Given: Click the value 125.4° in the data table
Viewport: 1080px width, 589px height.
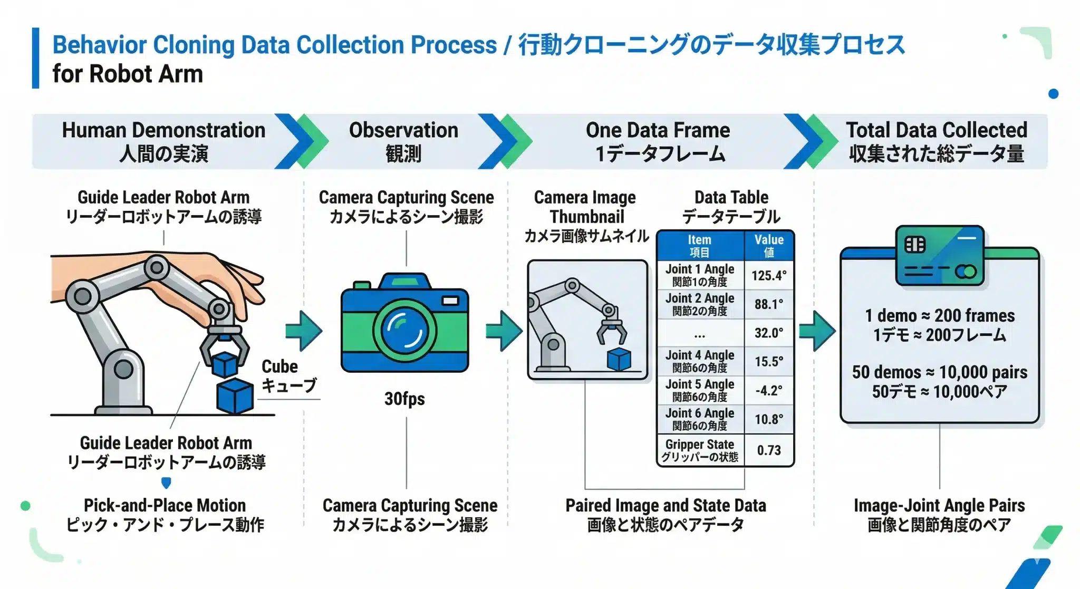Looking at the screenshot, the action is click(769, 275).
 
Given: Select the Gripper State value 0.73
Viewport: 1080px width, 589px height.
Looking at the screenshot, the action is click(769, 450).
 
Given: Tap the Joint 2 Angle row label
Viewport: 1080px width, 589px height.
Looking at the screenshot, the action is click(700, 304).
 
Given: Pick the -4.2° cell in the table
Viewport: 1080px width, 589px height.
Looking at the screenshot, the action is click(769, 391).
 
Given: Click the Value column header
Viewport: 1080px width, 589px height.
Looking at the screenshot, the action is click(769, 246).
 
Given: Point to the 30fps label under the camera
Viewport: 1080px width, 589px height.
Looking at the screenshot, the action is click(404, 399).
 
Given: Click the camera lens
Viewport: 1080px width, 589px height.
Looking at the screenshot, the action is click(404, 331).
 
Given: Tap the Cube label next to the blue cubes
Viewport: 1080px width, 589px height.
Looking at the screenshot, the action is click(280, 366).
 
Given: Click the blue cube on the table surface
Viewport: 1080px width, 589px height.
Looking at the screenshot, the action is click(235, 395).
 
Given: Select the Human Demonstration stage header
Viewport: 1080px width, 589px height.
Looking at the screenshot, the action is click(163, 141).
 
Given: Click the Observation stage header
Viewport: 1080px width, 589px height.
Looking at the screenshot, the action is click(403, 141).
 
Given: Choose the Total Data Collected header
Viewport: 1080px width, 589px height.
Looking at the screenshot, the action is click(937, 141).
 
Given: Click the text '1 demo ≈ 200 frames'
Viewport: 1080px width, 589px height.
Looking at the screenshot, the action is click(940, 315).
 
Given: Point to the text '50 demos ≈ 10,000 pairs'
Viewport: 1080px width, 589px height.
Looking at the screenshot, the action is click(940, 372).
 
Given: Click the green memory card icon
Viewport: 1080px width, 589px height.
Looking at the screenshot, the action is click(940, 256).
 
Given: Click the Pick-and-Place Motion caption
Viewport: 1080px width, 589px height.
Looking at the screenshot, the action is click(165, 505).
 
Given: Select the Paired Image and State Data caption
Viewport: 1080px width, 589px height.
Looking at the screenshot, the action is click(666, 505).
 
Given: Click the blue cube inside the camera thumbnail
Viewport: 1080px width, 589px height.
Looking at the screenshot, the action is click(619, 359).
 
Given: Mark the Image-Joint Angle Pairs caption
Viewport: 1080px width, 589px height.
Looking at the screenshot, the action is click(939, 505).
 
